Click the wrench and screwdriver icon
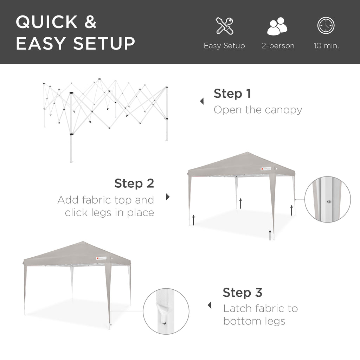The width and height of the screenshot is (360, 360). tap(224, 26)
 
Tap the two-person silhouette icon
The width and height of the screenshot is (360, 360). tap(277, 27)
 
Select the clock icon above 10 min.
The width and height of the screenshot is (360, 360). tap(326, 26)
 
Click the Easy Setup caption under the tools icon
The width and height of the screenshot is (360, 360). tap(224, 46)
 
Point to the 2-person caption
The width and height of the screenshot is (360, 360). tap(278, 46)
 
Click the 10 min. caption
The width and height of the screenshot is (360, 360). tap(326, 46)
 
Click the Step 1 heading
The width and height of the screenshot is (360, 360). tap(232, 94)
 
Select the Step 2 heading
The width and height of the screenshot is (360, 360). tap(134, 183)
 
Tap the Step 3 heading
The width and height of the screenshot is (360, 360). tap(243, 292)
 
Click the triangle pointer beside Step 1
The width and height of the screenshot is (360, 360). tap(202, 102)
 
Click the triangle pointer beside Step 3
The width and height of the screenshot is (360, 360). tap(210, 305)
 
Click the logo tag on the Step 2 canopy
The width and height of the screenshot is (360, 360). tap(268, 169)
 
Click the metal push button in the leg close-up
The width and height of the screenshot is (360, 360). tap(328, 201)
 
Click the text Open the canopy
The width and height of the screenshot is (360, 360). tap(258, 110)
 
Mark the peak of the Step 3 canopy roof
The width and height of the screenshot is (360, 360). tap(82, 242)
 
